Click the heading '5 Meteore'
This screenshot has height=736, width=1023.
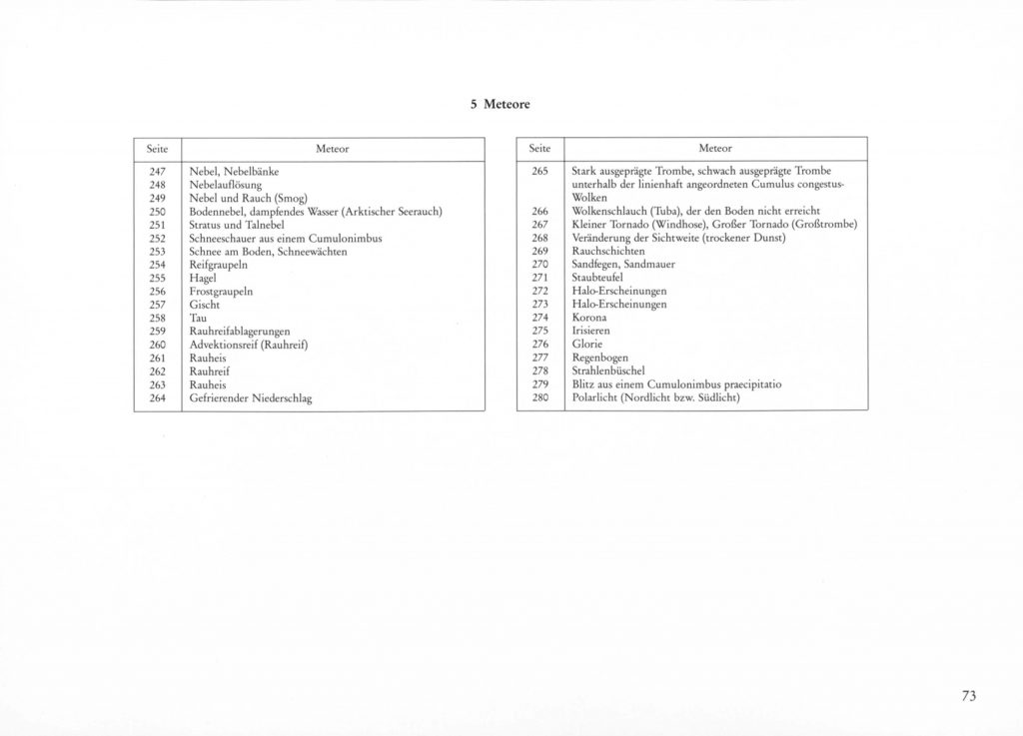coord(500,105)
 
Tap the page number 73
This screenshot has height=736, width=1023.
coord(968,697)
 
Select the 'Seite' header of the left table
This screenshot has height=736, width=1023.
coord(157,148)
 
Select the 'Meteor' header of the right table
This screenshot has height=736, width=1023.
coord(715,148)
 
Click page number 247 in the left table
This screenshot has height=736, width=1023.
coord(157,173)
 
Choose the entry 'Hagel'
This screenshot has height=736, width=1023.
coord(203,279)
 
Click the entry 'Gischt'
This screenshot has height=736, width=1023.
coord(204,304)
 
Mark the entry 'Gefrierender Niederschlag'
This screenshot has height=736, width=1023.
coord(251,397)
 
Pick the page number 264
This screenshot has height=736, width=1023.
coord(157,397)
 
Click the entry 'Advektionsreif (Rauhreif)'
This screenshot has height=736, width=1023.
coord(248,345)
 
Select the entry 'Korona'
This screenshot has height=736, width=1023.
coord(589,317)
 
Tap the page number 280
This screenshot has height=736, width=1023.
coord(540,397)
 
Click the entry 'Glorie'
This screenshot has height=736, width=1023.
coord(586,344)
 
